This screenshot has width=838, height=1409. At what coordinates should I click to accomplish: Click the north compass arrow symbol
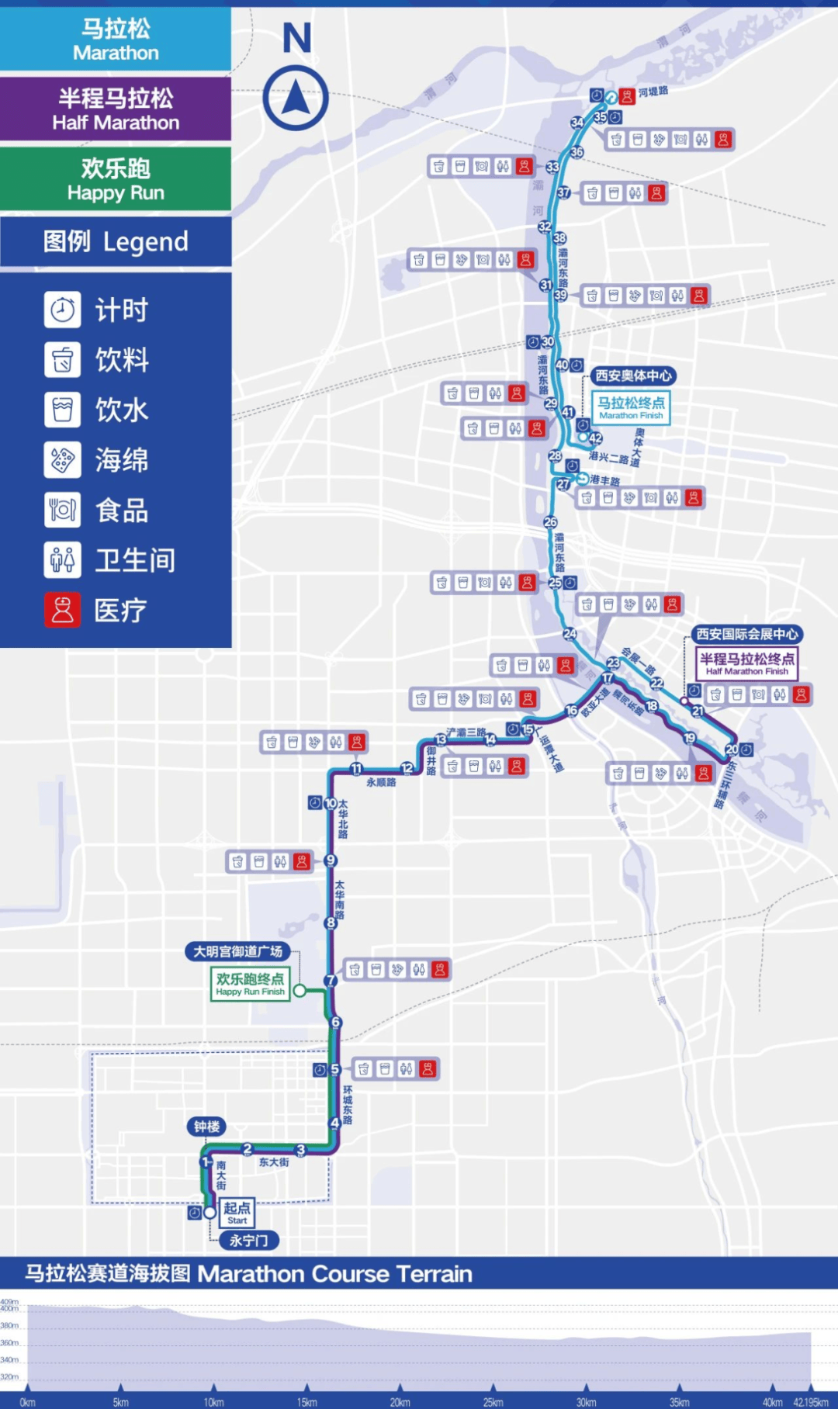point(296,98)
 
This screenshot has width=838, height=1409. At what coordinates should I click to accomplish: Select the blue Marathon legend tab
point(116,40)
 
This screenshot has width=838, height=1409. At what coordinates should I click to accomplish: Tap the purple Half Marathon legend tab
point(116,109)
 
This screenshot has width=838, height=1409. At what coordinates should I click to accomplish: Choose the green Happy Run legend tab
point(116,179)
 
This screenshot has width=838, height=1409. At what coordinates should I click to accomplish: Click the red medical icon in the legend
point(62,610)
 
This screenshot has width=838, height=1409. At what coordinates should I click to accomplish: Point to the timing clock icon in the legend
point(62,310)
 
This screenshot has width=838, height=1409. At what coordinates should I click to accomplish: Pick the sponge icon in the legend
point(62,460)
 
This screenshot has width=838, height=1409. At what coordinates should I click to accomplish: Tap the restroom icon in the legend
point(62,559)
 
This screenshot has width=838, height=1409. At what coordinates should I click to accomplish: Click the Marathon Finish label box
point(631,407)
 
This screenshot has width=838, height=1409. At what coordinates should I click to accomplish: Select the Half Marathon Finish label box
point(747,663)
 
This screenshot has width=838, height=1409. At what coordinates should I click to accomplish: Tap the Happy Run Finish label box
point(250,983)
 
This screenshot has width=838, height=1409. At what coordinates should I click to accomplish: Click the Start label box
point(237,1213)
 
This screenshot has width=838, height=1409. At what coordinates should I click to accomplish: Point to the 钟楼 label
point(206,1127)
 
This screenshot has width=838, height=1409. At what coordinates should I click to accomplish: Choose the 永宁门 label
point(248,1241)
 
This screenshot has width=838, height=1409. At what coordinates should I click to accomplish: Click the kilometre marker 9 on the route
point(331,860)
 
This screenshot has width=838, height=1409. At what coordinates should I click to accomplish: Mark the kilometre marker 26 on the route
point(550,522)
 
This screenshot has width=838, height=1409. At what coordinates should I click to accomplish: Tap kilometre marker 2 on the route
point(248,1149)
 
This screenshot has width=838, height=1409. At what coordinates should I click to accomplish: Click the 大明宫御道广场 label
point(237,951)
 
